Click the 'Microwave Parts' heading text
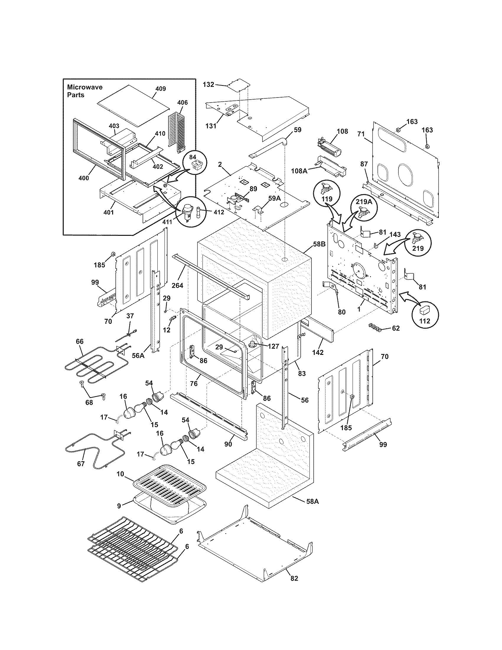click(84, 91)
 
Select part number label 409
click(160, 89)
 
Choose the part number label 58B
click(319, 244)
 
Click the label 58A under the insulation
click(312, 501)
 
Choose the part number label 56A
click(138, 355)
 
